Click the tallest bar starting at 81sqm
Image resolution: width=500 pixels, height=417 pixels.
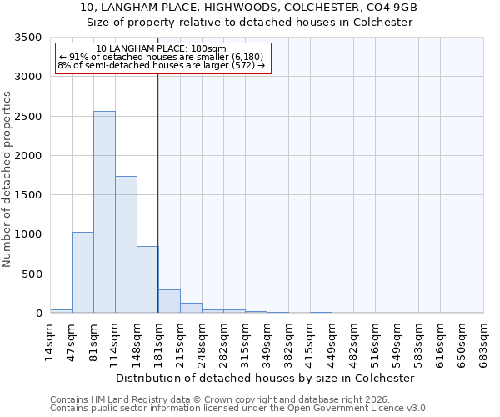tap(104, 212)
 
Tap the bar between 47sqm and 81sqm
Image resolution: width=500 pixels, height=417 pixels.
tap(82, 272)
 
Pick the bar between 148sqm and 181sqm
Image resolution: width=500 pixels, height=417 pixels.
tap(147, 279)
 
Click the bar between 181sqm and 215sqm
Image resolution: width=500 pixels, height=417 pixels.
tap(169, 301)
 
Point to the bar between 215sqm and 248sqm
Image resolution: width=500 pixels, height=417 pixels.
tap(191, 308)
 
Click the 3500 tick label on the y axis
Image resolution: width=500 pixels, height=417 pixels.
tap(26, 38)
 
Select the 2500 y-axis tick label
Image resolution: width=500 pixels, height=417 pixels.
tap(26, 117)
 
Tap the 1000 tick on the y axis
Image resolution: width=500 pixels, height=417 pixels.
tap(26, 234)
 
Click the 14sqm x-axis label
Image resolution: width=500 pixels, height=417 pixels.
tap(50, 339)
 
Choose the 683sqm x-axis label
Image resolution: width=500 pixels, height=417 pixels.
tap(484, 339)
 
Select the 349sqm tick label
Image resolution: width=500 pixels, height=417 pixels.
tap(267, 339)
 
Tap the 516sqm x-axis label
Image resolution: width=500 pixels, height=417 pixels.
tap(376, 339)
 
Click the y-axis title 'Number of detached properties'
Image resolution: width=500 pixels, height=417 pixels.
tap(7, 180)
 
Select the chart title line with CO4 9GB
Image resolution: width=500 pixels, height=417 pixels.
tap(250, 8)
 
